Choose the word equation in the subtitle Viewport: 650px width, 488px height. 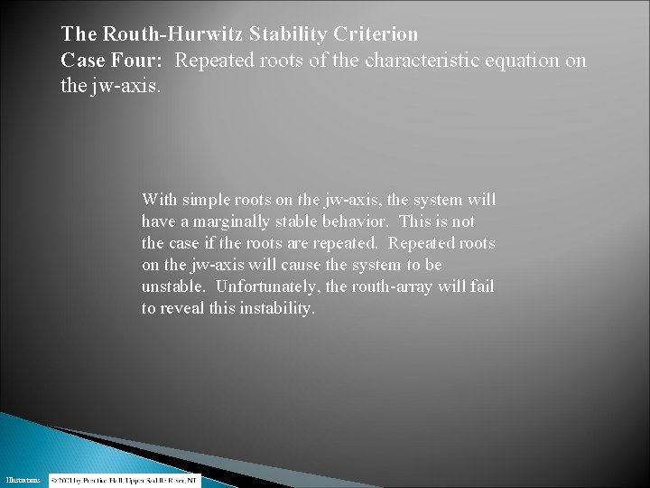(518, 61)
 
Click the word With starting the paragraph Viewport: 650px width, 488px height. (160, 200)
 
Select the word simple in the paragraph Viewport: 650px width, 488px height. (206, 200)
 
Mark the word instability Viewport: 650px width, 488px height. (276, 308)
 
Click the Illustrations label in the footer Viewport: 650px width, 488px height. (22, 481)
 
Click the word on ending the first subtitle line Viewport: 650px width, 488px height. (574, 61)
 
